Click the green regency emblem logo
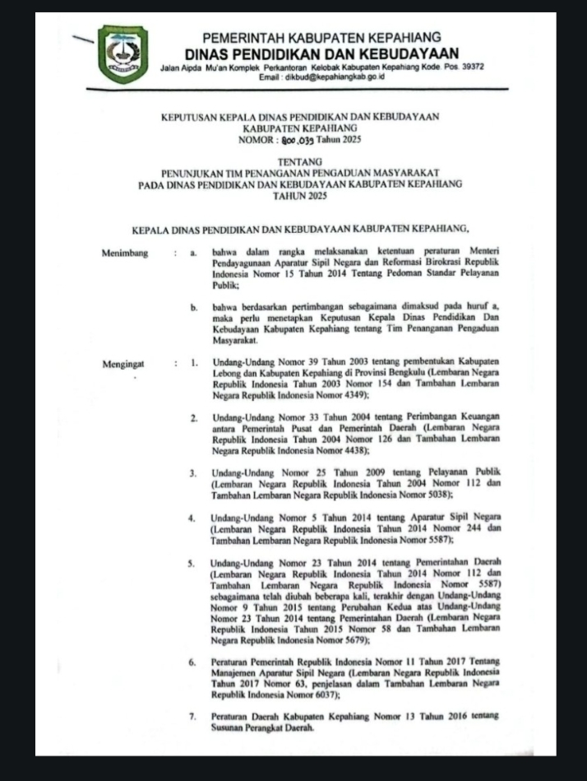[x=123, y=54]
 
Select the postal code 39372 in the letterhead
[x=468, y=66]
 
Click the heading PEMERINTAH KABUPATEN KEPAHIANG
[x=321, y=37]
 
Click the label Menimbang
[x=125, y=253]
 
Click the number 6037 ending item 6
[x=323, y=695]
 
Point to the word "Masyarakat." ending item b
[x=236, y=339]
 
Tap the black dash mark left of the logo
[x=82, y=38]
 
